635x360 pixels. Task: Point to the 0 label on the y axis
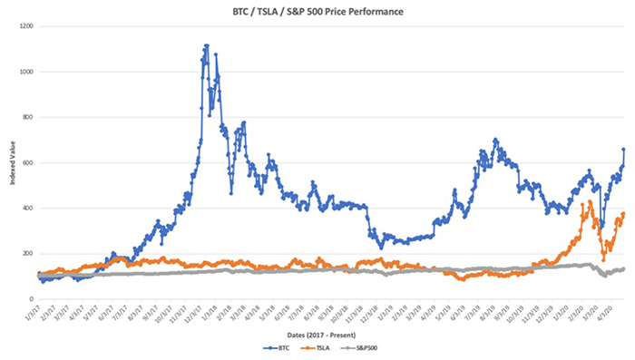click(x=31, y=298)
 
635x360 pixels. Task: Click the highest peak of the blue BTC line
click(x=206, y=45)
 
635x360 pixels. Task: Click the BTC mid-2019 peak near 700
click(x=494, y=140)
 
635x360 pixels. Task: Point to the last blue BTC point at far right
click(x=624, y=149)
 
